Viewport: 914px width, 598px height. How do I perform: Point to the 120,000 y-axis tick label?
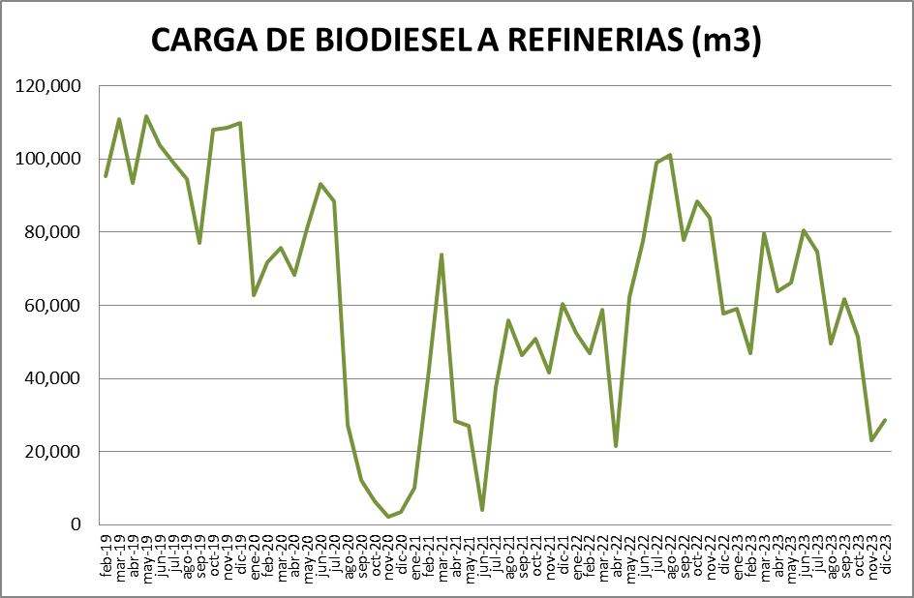point(48,86)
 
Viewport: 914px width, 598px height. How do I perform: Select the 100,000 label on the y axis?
point(48,159)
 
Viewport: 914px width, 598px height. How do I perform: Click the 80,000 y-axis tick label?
point(52,232)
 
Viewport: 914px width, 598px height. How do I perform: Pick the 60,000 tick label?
point(52,306)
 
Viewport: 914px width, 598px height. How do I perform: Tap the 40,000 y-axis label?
point(52,378)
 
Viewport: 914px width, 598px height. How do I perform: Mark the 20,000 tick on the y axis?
point(52,452)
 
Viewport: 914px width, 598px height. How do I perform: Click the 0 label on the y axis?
point(75,524)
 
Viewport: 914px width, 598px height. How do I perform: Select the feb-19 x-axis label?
point(106,556)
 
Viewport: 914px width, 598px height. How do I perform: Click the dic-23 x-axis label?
point(885,556)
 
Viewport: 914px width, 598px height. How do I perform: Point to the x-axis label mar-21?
point(442,556)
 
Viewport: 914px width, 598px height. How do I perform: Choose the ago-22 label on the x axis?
point(670,556)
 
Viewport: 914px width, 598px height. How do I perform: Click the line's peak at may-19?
point(146,116)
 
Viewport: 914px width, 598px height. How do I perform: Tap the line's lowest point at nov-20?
point(388,517)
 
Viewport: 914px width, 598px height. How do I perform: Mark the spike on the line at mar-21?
point(442,254)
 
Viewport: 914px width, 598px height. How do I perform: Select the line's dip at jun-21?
point(482,510)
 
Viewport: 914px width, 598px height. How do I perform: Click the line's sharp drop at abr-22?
point(616,446)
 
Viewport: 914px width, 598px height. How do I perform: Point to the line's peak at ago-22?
point(670,155)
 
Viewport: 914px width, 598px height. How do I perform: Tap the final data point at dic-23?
point(885,420)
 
